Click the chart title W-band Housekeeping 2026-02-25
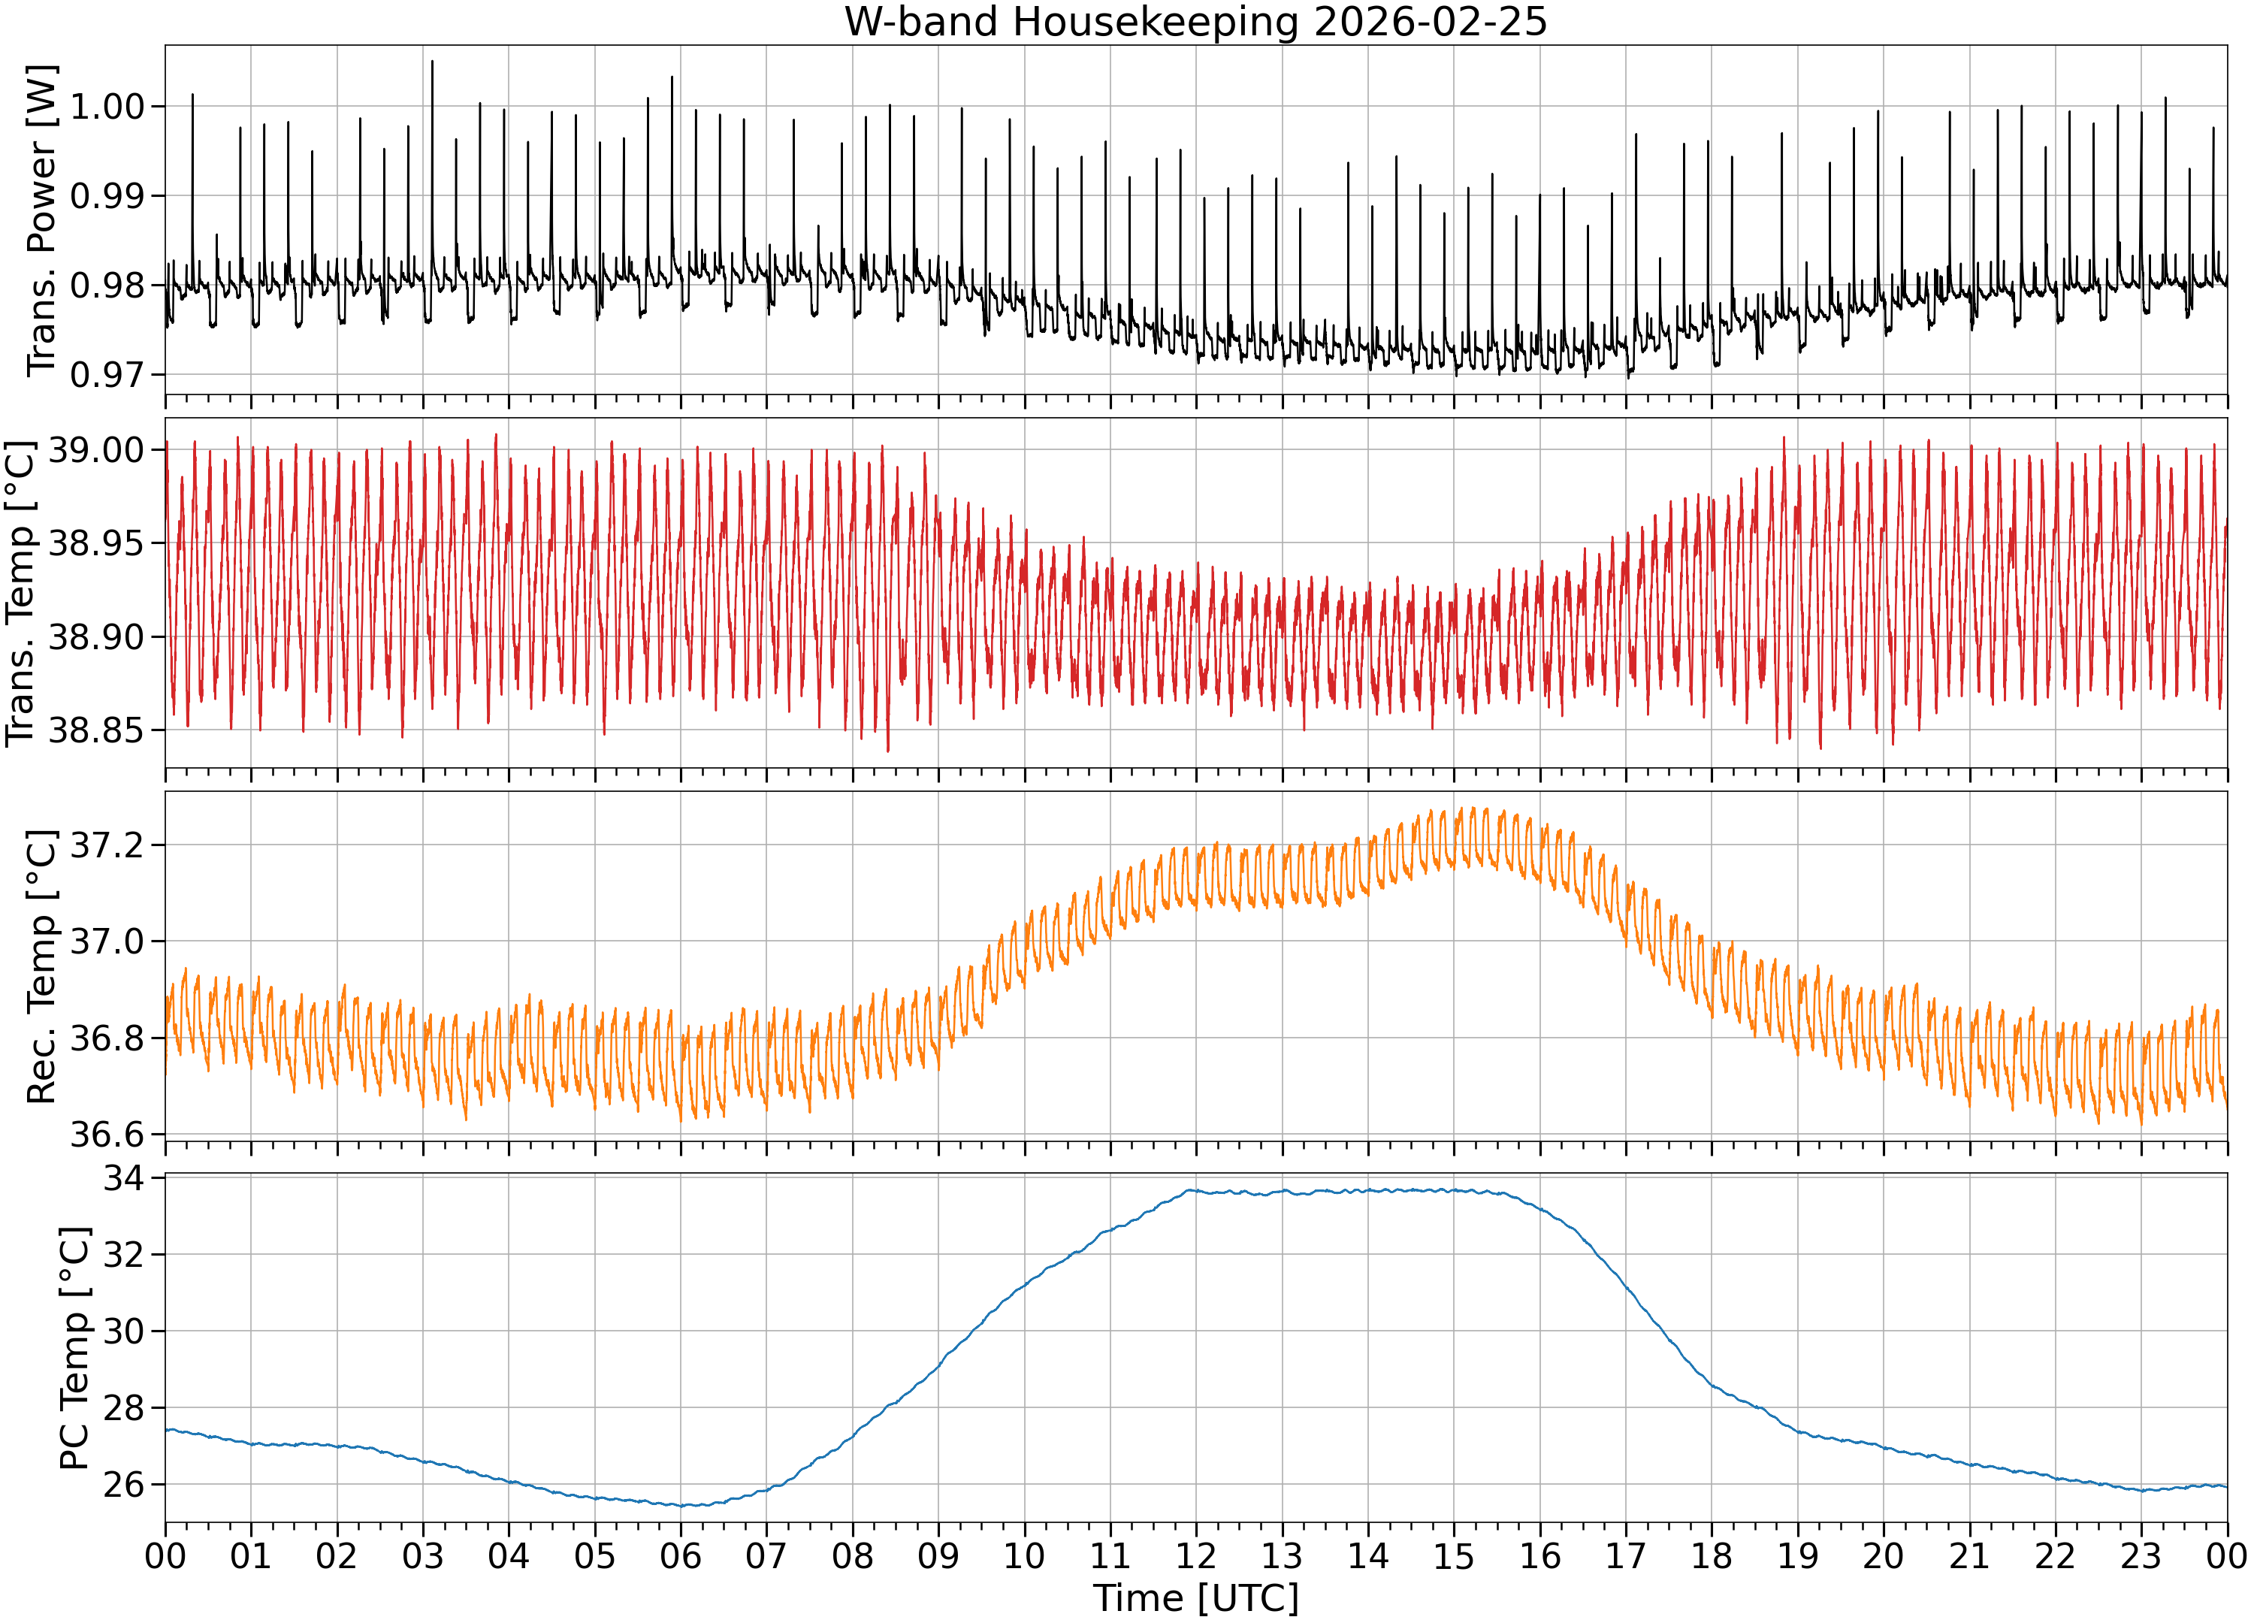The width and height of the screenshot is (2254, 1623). (x=1195, y=22)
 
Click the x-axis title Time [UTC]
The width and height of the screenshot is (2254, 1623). (x=1195, y=1598)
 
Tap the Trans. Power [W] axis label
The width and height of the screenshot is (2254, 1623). (x=42, y=221)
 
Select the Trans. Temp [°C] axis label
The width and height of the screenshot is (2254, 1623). (x=20, y=594)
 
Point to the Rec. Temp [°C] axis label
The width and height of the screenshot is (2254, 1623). (x=42, y=967)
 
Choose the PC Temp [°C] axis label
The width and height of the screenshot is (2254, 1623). (x=74, y=1349)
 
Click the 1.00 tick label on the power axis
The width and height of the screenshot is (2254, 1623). (x=107, y=107)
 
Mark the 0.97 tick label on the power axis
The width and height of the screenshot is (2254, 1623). (x=107, y=375)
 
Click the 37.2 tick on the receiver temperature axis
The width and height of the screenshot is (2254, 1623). (x=107, y=845)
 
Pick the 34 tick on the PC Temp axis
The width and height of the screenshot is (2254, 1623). (x=123, y=1179)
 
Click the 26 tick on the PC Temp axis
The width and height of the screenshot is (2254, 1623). (x=123, y=1485)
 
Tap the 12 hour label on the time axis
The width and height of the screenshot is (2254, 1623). (x=1195, y=1555)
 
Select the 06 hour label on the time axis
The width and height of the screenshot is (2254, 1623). (x=681, y=1555)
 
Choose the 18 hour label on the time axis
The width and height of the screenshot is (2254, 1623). (x=1712, y=1555)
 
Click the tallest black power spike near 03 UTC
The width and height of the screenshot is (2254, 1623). (x=432, y=62)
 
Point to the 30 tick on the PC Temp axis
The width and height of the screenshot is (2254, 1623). (x=123, y=1331)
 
